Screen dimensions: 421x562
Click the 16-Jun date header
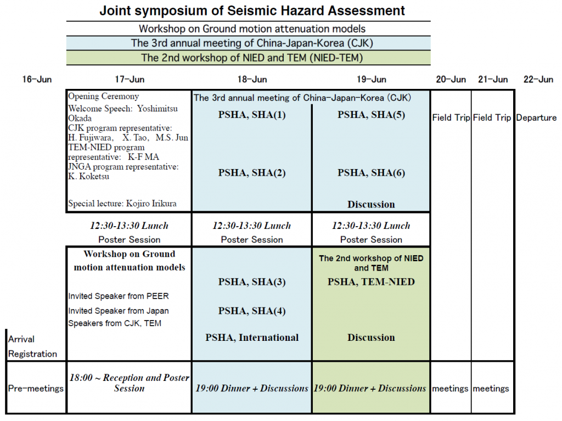click(37, 80)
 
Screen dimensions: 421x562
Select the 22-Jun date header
click(538, 80)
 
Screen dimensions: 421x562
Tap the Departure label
click(536, 117)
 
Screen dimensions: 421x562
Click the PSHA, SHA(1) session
click(252, 115)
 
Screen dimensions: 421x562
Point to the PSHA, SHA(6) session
click(371, 173)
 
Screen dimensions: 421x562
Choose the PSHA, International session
click(252, 338)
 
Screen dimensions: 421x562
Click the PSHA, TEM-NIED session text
click(371, 282)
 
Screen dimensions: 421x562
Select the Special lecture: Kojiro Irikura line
click(122, 204)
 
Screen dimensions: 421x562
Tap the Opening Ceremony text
click(104, 97)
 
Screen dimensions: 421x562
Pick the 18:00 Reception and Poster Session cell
click(129, 383)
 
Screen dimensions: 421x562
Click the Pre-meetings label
click(36, 389)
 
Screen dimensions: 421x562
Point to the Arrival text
click(21, 339)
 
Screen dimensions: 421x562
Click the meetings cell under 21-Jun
click(491, 389)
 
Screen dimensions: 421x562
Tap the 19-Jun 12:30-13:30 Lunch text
click(371, 226)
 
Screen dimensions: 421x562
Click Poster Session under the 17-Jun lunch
click(130, 239)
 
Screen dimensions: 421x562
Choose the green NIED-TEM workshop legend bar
click(249, 58)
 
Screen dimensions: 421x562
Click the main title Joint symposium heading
click(252, 10)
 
